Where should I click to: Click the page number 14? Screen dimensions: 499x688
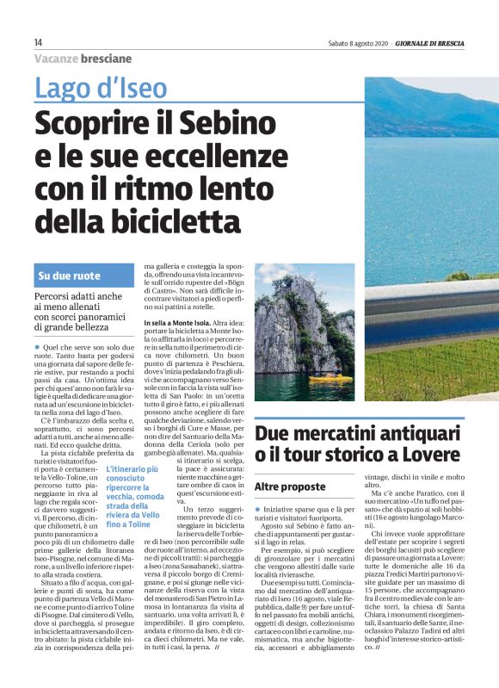(38, 43)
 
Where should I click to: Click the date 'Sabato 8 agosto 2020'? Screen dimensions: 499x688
(357, 43)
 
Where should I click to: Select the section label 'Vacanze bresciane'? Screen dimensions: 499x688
(83, 59)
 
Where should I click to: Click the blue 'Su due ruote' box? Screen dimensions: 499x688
(84, 277)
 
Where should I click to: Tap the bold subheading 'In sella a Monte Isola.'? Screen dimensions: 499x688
(182, 321)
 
